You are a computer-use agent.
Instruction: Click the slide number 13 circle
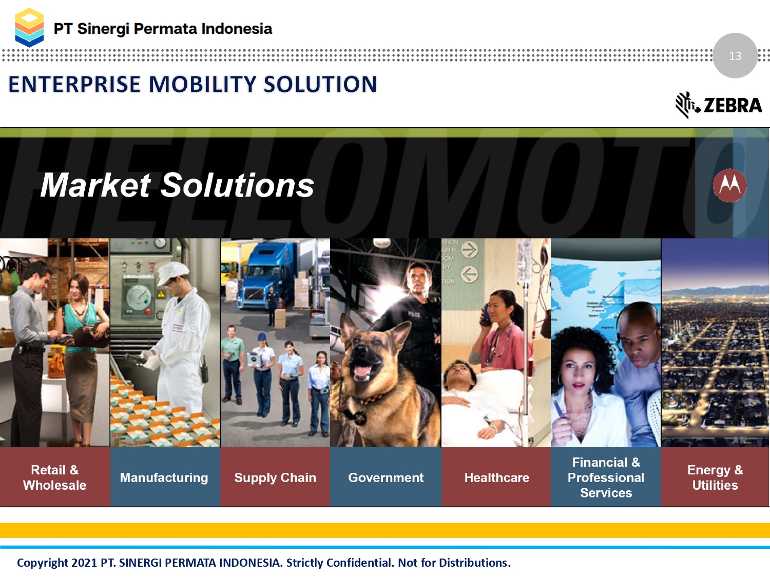(735, 55)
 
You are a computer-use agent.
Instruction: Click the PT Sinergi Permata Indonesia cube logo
(29, 28)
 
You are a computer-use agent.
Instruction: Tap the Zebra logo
(719, 105)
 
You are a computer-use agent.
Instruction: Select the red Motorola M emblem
(729, 185)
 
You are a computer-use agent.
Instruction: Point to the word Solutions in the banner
(237, 185)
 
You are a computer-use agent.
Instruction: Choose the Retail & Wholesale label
(55, 477)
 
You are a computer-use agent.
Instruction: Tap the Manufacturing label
(164, 477)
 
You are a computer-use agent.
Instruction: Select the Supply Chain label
(275, 478)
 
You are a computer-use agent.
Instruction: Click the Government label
(386, 477)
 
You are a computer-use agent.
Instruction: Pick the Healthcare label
(497, 477)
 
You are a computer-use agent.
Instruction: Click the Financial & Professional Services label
(606, 477)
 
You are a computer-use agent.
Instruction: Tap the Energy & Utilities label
(715, 477)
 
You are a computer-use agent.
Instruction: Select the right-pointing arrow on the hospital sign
(470, 250)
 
